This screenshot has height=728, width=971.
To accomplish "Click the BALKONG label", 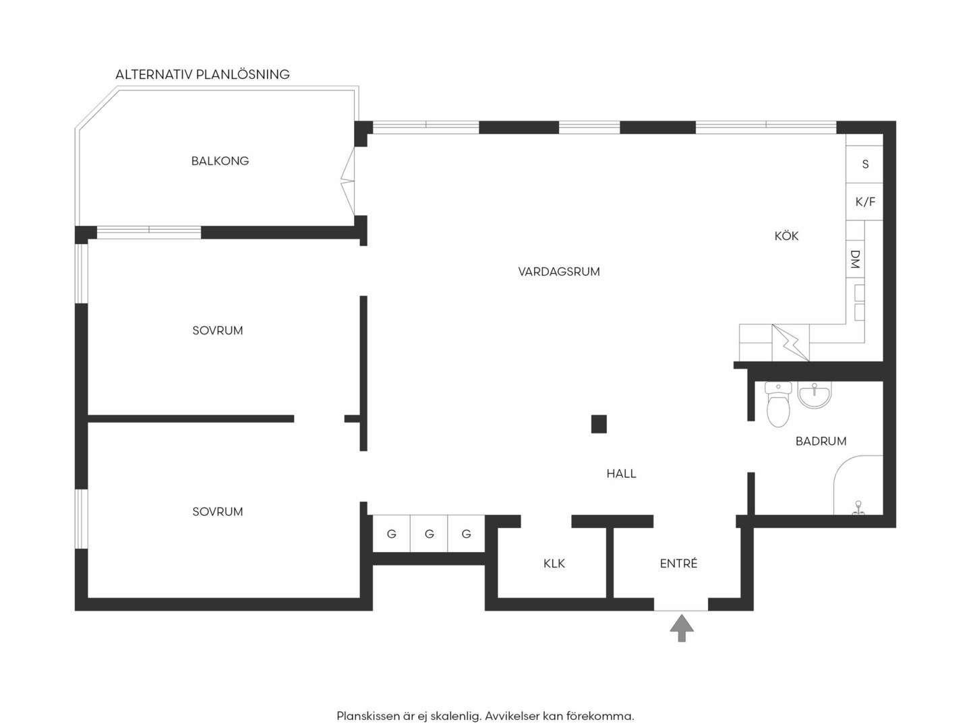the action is (220, 161).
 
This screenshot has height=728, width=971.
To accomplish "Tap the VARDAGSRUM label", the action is (559, 272).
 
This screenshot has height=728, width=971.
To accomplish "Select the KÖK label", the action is (786, 236).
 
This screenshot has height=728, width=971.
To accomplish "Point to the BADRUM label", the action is (821, 441).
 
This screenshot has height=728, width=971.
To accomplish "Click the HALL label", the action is (621, 474).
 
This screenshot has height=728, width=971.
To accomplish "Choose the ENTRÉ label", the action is (678, 563).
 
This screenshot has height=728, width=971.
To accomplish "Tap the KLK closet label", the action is (554, 564).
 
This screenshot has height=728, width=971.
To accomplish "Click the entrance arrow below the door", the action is (681, 628).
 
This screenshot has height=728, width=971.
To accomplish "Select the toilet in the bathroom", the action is (777, 404).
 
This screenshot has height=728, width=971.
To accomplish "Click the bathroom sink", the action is (815, 394).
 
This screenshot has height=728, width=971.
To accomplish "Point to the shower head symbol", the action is (858, 508).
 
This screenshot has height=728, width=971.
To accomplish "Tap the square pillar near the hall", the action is (599, 424).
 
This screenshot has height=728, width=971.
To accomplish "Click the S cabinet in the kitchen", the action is (864, 164).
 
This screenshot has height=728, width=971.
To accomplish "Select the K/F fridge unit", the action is (864, 202).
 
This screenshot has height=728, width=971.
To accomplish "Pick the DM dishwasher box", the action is (855, 259).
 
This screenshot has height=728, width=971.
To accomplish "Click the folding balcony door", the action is (348, 181).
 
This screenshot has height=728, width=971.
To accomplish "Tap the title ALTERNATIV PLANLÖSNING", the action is (202, 74).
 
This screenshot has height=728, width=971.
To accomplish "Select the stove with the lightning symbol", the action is (790, 342).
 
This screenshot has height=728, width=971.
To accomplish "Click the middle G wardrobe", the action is (429, 534).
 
